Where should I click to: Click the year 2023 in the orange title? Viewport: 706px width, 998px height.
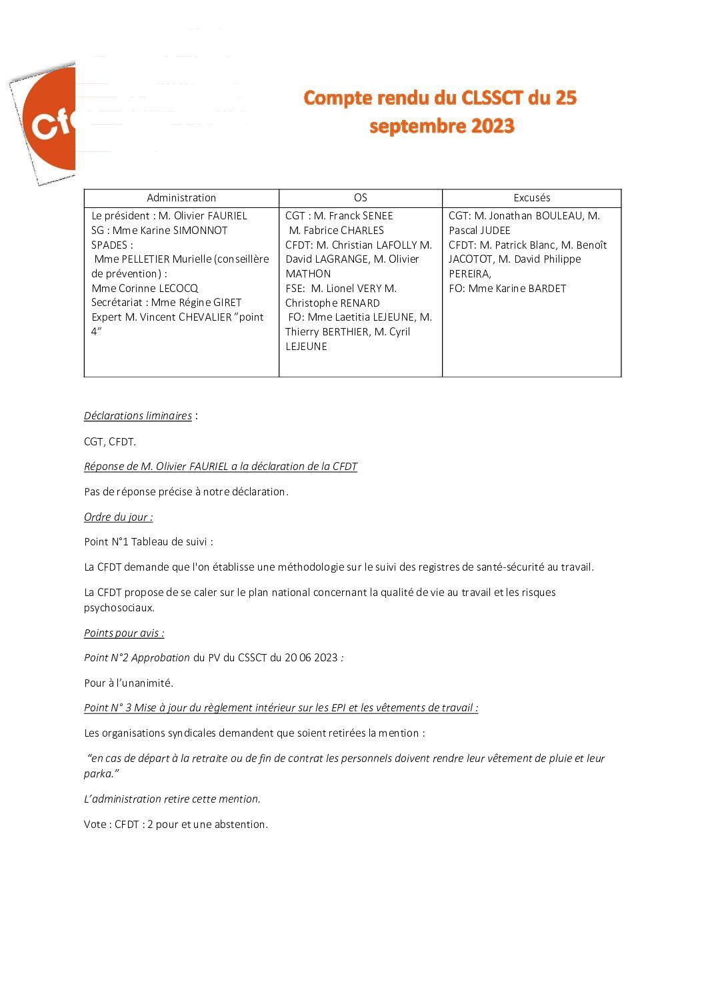tap(490, 126)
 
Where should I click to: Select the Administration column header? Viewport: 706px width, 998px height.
tap(181, 198)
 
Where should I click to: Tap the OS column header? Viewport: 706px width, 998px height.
tap(360, 198)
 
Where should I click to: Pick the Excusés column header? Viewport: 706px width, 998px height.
tap(531, 198)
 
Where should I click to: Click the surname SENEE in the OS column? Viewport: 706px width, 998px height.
tap(377, 216)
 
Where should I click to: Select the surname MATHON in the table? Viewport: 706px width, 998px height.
tap(308, 274)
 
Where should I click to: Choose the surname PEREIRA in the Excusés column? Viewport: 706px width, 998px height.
tap(469, 274)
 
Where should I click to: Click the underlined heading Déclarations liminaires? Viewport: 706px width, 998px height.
tap(138, 416)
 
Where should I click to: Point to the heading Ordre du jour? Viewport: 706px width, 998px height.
tap(118, 517)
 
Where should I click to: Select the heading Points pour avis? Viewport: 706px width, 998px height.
tap(123, 633)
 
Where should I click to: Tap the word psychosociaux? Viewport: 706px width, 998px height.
tap(119, 608)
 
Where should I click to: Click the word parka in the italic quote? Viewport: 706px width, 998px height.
tap(99, 774)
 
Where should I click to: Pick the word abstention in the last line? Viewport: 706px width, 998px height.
tap(239, 825)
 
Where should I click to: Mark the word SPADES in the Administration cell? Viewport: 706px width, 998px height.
tap(110, 245)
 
